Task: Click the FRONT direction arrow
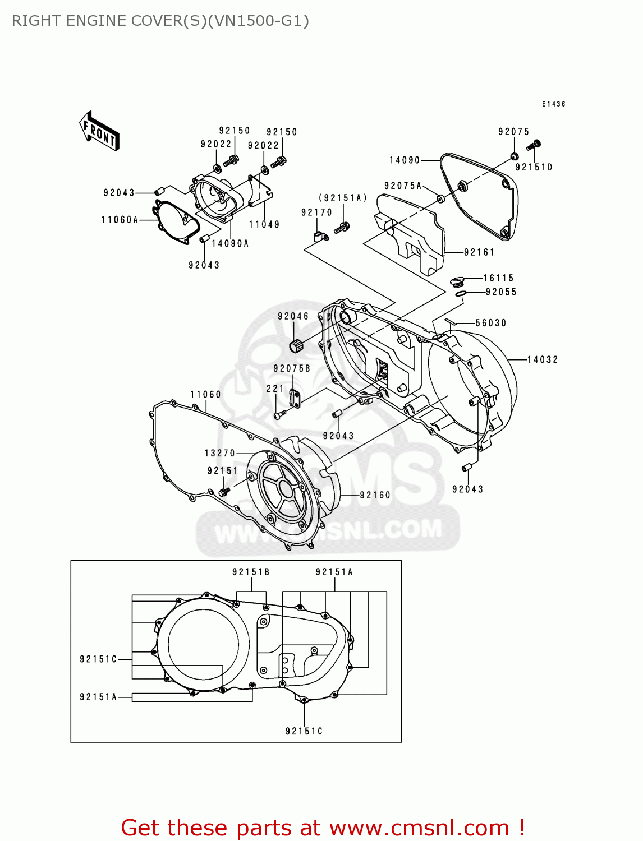(x=99, y=131)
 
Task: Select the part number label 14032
(x=543, y=359)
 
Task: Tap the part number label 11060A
(x=120, y=220)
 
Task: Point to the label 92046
(x=293, y=316)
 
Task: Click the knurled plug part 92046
(x=297, y=346)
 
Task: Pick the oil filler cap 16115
(x=457, y=280)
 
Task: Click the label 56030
(x=490, y=323)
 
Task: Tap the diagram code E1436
(x=553, y=104)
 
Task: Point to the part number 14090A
(x=230, y=243)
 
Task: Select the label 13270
(x=220, y=453)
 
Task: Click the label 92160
(x=375, y=495)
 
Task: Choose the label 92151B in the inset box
(x=251, y=572)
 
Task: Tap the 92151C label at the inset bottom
(x=304, y=731)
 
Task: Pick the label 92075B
(x=292, y=368)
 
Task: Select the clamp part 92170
(x=320, y=237)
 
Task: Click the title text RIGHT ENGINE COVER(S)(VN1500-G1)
(x=160, y=21)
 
